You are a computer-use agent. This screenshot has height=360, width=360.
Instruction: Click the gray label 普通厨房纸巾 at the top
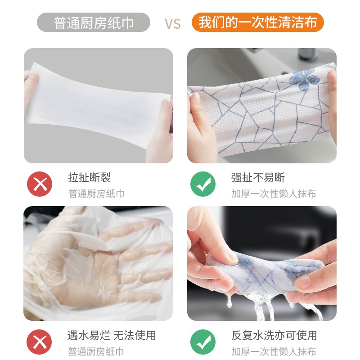tap(93, 22)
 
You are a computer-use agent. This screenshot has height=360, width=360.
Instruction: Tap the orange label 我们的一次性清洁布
tap(257, 22)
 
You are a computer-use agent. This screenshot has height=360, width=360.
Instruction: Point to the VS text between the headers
tap(172, 23)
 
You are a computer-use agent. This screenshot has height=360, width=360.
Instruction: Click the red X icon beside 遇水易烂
tap(40, 342)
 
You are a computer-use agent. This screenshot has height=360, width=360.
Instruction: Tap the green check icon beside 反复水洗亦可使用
tap(203, 342)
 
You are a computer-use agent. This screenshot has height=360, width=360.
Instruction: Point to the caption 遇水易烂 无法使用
tap(112, 335)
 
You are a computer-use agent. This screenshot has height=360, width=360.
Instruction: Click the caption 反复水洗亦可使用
tap(274, 335)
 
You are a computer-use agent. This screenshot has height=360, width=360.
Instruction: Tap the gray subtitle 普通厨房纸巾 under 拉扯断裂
tap(96, 194)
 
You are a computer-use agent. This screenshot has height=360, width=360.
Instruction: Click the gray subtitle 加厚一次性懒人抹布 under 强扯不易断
tap(274, 194)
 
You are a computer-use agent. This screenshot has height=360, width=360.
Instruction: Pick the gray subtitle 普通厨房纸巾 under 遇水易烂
tap(96, 352)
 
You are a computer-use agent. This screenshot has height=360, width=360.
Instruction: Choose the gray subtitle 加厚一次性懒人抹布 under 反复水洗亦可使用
tap(274, 352)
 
